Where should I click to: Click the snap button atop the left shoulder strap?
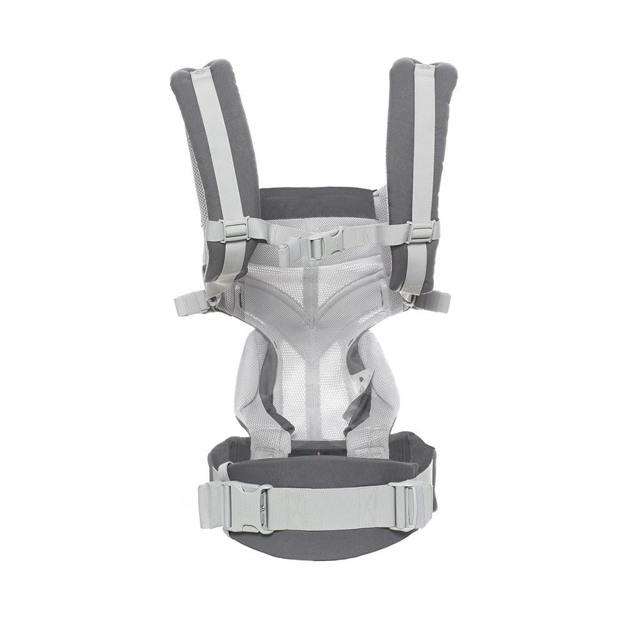199,72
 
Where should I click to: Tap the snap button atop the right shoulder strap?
426,66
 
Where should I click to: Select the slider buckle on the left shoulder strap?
235,230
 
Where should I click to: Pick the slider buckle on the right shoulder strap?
421,232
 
